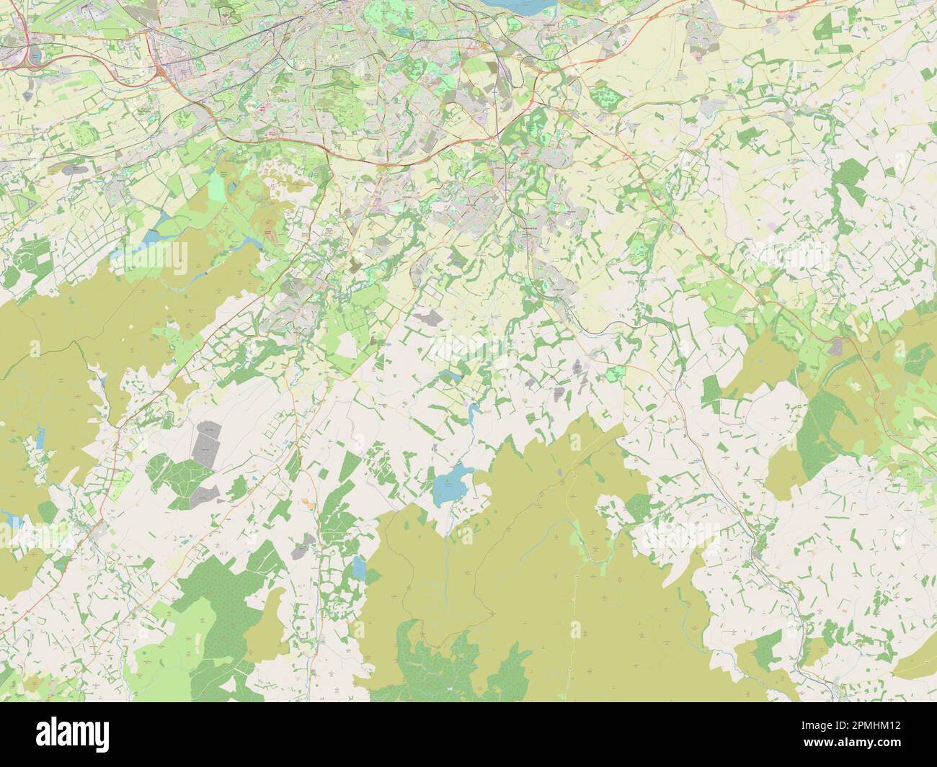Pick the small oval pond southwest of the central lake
358,569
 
